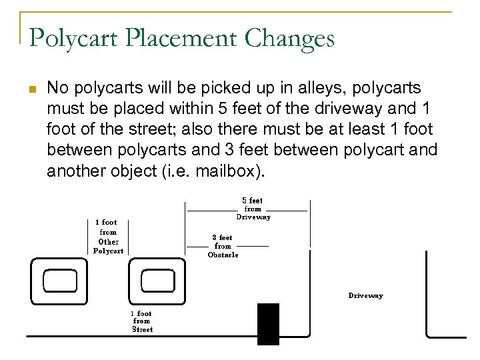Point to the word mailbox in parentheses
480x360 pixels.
(227, 172)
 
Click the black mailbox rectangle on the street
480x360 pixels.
(268, 324)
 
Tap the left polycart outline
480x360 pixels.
(59, 281)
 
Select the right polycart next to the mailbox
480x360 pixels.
(158, 281)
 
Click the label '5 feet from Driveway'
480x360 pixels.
(253, 209)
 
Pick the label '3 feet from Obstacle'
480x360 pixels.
(223, 246)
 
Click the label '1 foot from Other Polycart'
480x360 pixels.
(107, 237)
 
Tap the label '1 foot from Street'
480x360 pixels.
(142, 321)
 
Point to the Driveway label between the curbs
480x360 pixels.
(365, 295)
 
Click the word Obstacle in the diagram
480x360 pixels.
(223, 255)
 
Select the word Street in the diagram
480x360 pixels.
(142, 329)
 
